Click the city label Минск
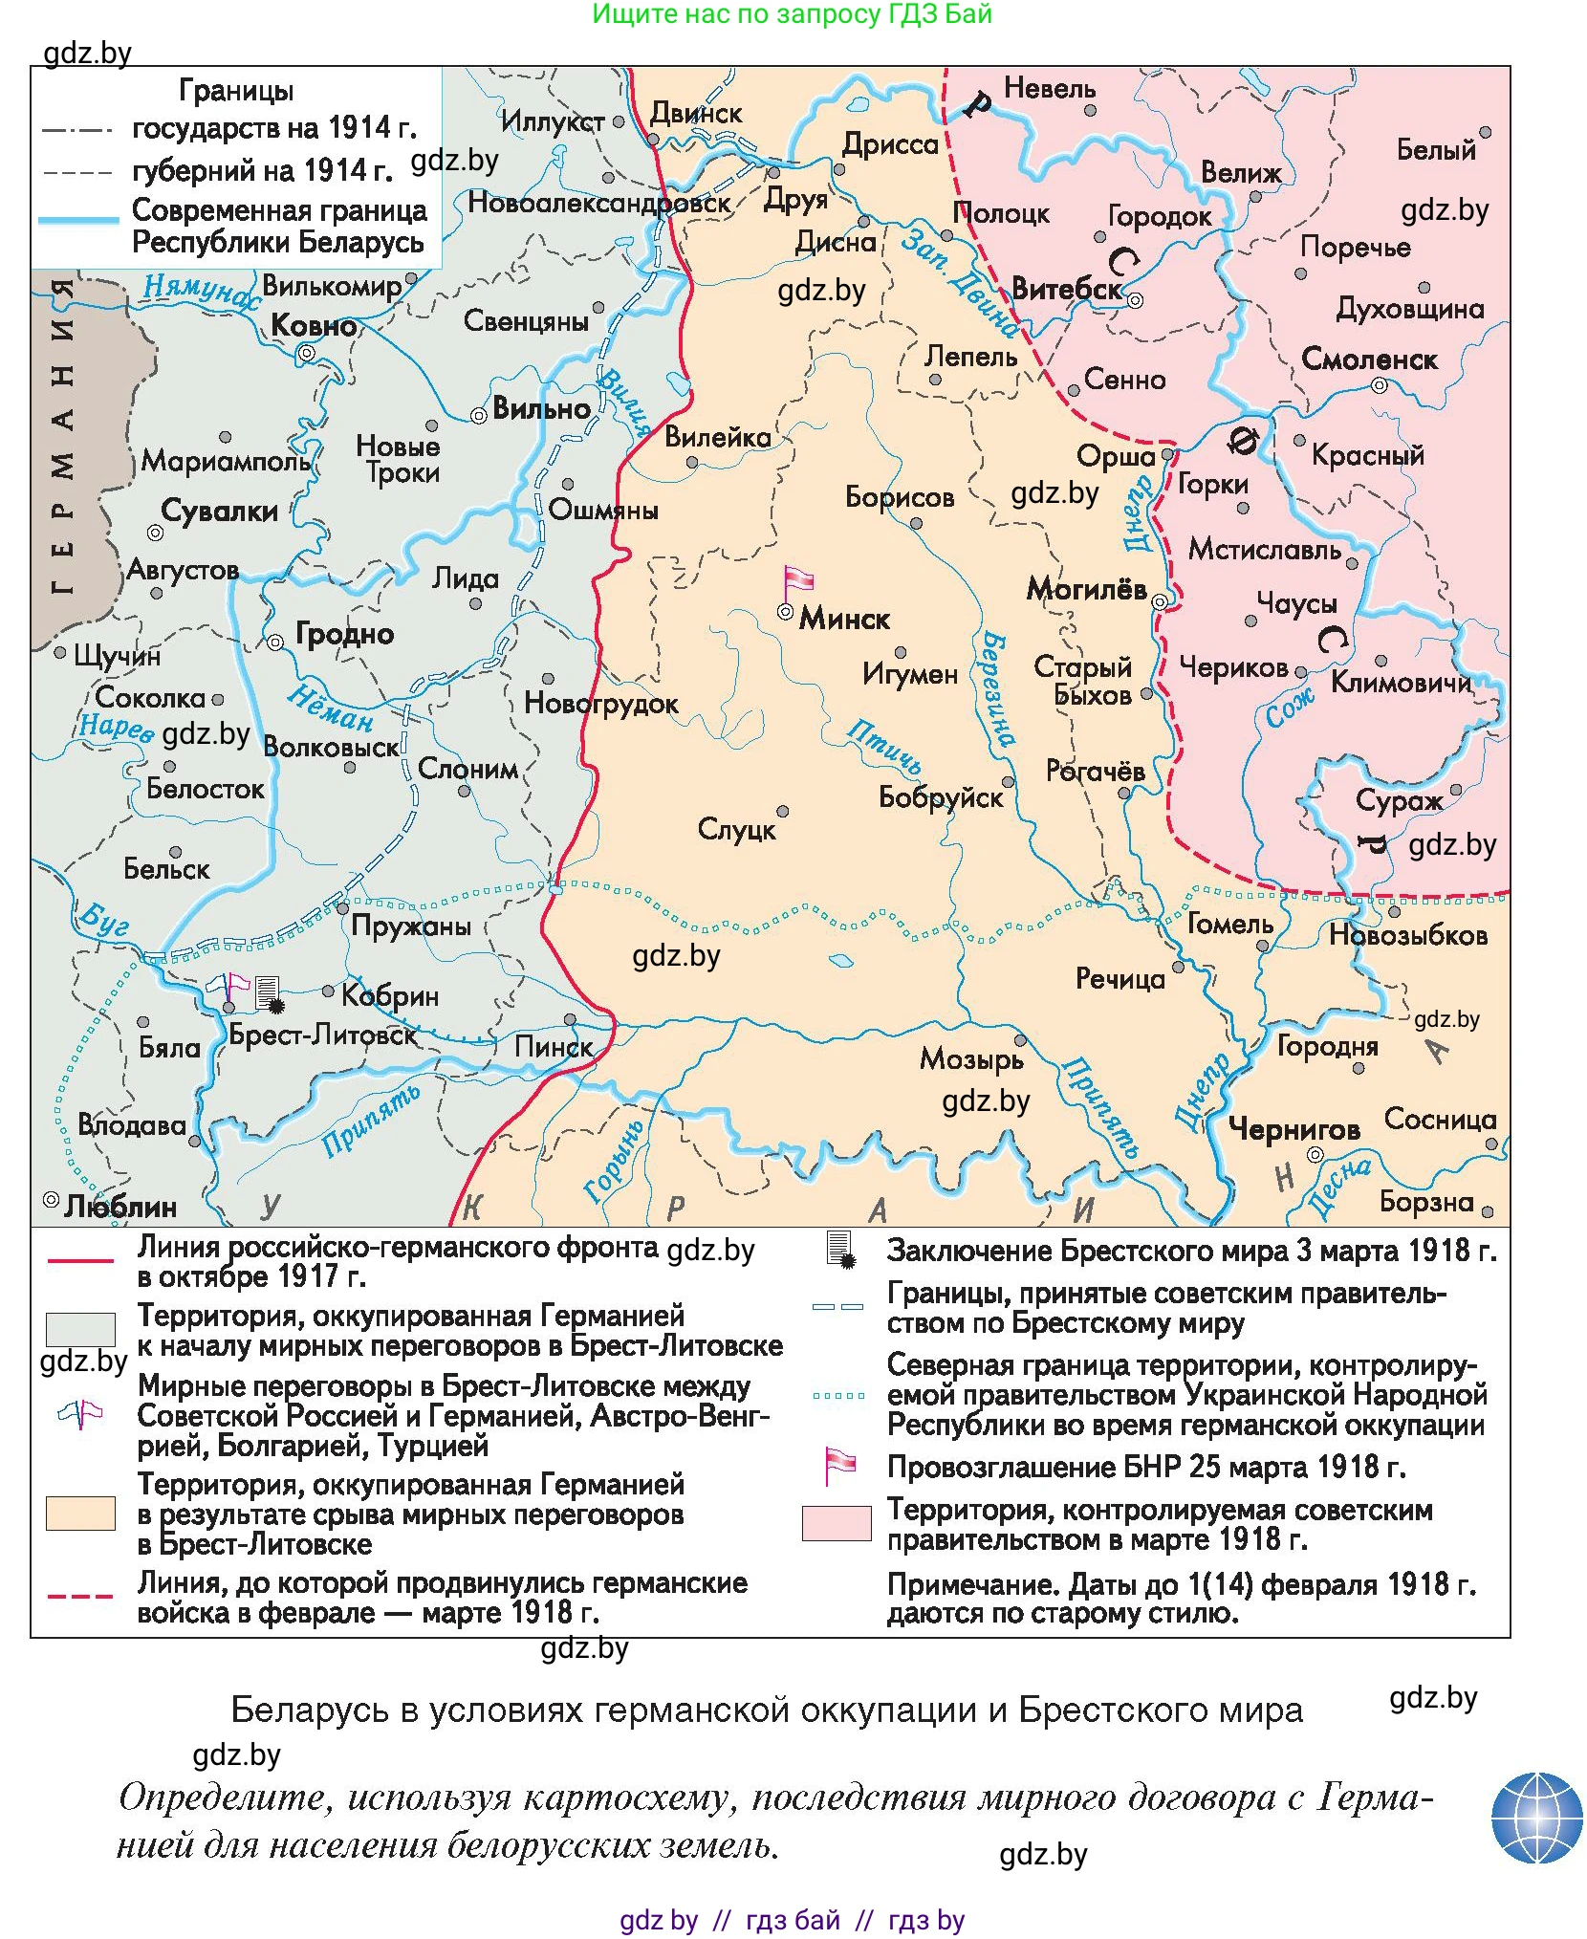(x=843, y=619)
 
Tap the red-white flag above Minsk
(x=798, y=579)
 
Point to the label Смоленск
(x=1369, y=359)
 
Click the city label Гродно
(x=344, y=633)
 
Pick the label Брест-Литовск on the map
(x=323, y=1035)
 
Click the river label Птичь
(x=884, y=747)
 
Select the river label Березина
(x=995, y=687)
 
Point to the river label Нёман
(x=331, y=708)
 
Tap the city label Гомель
(x=1229, y=924)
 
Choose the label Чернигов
(x=1294, y=1129)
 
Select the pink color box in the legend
(x=837, y=1523)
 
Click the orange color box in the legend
(x=80, y=1514)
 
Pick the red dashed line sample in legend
(x=80, y=1597)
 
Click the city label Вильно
(x=541, y=408)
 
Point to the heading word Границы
(x=236, y=91)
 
